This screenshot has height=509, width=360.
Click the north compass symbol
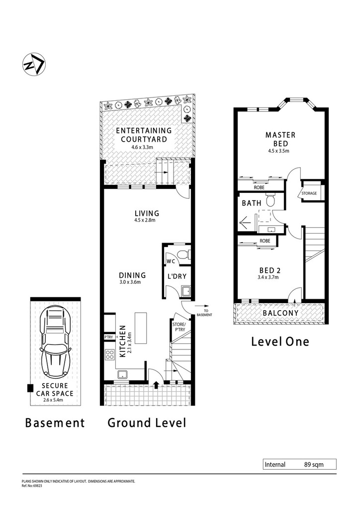click(x=34, y=64)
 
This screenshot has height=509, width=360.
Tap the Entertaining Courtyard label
click(x=144, y=135)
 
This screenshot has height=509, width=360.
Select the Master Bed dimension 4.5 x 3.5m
click(x=278, y=151)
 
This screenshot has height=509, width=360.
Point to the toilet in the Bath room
click(x=270, y=200)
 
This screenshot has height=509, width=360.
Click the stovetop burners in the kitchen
click(x=110, y=354)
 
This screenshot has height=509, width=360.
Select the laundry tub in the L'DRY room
click(x=186, y=291)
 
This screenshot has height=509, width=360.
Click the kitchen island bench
click(x=140, y=328)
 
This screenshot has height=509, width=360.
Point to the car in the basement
click(x=55, y=342)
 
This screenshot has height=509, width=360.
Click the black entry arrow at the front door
click(x=156, y=384)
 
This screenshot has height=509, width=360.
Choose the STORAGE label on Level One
click(x=309, y=193)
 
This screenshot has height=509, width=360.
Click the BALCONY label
click(x=280, y=313)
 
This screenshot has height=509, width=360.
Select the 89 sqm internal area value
click(x=314, y=465)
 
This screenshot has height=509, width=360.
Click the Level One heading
click(x=280, y=341)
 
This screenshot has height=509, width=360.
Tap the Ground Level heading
click(x=147, y=423)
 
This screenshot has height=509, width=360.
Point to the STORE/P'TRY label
click(x=179, y=327)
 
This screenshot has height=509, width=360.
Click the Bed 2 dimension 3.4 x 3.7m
click(x=268, y=277)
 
